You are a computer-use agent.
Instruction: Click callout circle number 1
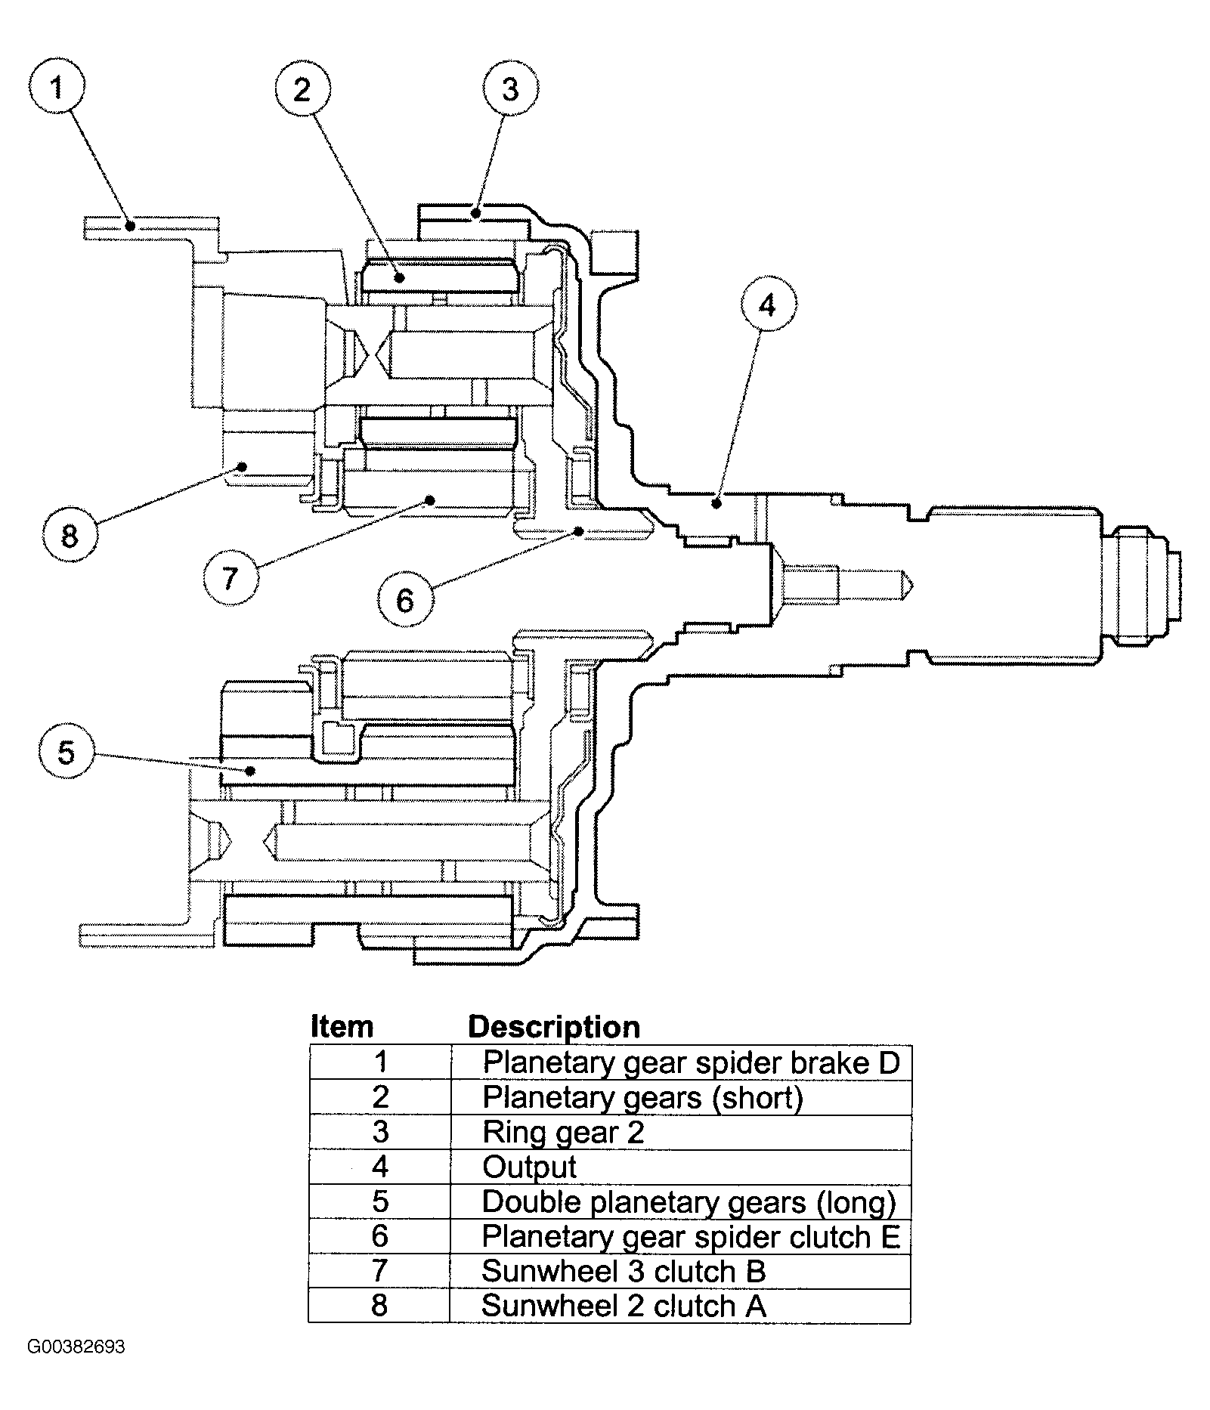click(x=57, y=88)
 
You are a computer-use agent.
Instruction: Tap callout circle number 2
click(x=302, y=91)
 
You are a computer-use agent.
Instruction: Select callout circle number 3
click(x=510, y=90)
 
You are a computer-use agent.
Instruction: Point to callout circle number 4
click(x=767, y=306)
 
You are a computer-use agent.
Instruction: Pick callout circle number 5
click(x=67, y=752)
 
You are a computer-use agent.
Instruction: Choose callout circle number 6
click(x=405, y=601)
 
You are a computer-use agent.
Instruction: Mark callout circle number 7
click(x=231, y=578)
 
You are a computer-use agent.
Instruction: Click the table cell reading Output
click(x=681, y=1167)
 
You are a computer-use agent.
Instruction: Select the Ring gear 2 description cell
click(x=681, y=1133)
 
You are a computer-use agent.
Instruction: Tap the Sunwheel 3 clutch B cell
click(x=681, y=1272)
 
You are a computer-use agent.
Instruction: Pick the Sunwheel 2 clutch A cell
click(x=681, y=1306)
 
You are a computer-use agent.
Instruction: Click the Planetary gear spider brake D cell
click(x=681, y=1063)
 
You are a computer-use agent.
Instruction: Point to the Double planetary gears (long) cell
click(x=681, y=1202)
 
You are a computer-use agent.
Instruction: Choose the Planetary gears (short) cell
click(x=681, y=1098)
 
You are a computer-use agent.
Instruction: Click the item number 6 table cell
click(x=380, y=1237)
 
